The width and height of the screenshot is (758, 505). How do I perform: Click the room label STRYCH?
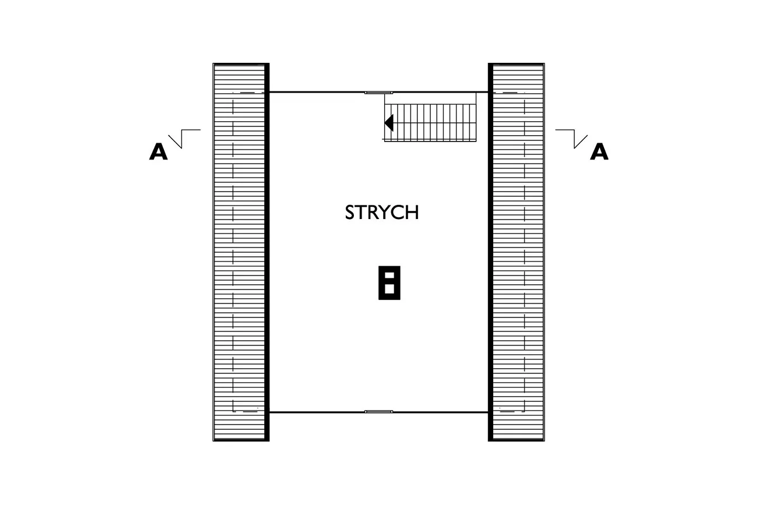382,212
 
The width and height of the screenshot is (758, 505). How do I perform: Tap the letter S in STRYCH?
349,212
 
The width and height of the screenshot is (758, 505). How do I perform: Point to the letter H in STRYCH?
413,212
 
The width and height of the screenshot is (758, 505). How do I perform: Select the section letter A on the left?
159,151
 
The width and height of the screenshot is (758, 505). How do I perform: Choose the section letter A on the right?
599,151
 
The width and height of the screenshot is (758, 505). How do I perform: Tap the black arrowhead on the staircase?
389,122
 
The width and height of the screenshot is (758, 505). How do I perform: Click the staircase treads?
430,123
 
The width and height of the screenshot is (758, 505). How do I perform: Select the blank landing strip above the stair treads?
430,98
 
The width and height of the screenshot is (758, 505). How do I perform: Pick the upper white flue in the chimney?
389,275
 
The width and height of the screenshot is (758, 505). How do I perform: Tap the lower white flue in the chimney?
389,289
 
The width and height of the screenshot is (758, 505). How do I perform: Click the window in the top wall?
378,92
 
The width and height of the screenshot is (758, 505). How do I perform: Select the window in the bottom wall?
378,412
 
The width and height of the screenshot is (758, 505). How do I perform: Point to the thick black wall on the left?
267,252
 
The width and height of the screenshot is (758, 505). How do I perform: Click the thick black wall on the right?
490,252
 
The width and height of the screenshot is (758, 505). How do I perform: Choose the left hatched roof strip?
239,252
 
